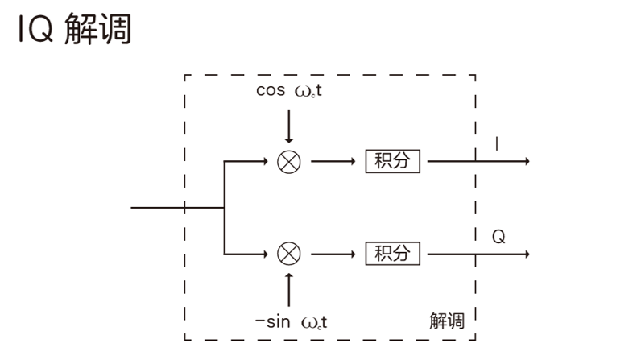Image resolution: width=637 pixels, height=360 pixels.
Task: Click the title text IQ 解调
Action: (x=73, y=31)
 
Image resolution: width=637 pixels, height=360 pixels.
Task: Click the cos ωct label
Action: (x=289, y=90)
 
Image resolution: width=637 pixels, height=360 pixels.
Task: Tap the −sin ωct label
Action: (x=291, y=322)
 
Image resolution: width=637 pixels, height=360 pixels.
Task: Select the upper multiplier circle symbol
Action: (x=288, y=161)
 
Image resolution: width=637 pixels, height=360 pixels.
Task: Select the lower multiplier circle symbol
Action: (x=288, y=254)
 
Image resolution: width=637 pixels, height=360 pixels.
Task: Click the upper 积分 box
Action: (x=393, y=161)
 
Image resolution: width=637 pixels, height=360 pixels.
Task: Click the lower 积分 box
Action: (x=393, y=254)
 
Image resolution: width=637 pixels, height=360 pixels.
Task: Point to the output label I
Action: (x=497, y=144)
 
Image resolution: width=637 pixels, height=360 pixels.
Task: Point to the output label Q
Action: (x=498, y=237)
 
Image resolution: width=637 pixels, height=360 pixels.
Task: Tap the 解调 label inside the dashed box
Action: (x=447, y=321)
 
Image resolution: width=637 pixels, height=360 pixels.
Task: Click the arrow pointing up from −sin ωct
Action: (x=288, y=289)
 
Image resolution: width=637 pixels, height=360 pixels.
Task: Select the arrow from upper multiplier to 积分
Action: (x=333, y=161)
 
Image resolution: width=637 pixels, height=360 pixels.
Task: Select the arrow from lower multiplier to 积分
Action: (x=333, y=254)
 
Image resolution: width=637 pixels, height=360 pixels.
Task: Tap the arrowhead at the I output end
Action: (x=526, y=161)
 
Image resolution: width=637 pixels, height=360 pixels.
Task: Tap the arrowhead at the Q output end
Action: (x=526, y=254)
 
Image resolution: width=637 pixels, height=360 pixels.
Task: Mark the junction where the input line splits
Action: (x=224, y=207)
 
